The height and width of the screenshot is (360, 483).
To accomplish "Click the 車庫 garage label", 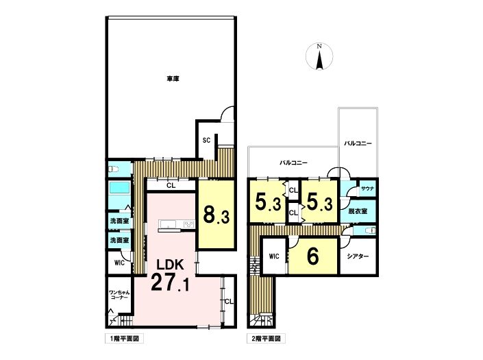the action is pos(173,79).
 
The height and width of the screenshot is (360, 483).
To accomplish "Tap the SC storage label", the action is pos(206,141).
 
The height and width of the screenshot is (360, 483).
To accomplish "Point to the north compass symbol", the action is pos(319,57).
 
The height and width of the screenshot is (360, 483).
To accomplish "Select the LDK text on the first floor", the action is pos(171,265).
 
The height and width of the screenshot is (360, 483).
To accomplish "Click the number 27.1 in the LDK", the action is pos(171,283).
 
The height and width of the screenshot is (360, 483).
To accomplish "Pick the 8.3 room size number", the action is pos(216,215).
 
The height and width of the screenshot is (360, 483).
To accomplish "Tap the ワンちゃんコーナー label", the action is pos(119,295).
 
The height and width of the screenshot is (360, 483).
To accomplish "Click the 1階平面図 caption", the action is pos(124,339).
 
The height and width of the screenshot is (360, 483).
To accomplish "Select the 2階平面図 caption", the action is pos(266,339).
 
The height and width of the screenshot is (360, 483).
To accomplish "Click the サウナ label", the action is pos(367,189).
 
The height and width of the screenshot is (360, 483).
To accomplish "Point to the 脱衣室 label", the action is pos(358,211).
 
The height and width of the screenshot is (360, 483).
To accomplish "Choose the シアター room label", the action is pos(358,256).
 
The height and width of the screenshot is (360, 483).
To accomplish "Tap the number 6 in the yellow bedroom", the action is pos(312,256).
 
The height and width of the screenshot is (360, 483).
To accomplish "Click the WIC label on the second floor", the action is pos(274,256).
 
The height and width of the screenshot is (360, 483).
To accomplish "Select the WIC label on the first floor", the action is pos(119,263).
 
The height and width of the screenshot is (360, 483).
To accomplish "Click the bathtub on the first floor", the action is pos(119,188).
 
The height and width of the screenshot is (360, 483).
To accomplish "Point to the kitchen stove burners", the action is pos(189,224).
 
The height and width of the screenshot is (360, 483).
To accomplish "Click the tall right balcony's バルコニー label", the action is pos(358,143).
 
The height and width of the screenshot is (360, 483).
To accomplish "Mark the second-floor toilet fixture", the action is pos(370,230).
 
